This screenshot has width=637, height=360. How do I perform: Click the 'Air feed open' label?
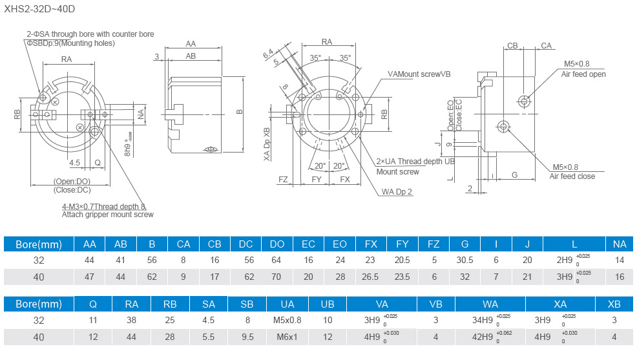pos(583,74)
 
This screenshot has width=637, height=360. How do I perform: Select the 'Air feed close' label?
pos(572,176)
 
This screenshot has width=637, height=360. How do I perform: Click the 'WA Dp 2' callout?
pos(397,191)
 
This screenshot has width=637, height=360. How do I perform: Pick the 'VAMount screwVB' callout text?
pos(419,74)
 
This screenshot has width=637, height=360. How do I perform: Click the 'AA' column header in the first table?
pos(90,244)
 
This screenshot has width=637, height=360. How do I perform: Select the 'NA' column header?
pos(620,244)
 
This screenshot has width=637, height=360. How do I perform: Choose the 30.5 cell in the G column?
pos(465,260)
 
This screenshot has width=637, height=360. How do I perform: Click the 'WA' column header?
pos(490,303)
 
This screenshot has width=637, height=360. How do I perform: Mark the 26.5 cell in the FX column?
pos(371,277)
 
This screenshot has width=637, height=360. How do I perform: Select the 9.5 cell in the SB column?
pos(247,336)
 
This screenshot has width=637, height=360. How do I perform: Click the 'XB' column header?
pos(614,303)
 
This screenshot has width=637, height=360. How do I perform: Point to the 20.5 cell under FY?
pos(402,260)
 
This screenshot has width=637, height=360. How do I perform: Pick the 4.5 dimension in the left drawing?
pos(75,162)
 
